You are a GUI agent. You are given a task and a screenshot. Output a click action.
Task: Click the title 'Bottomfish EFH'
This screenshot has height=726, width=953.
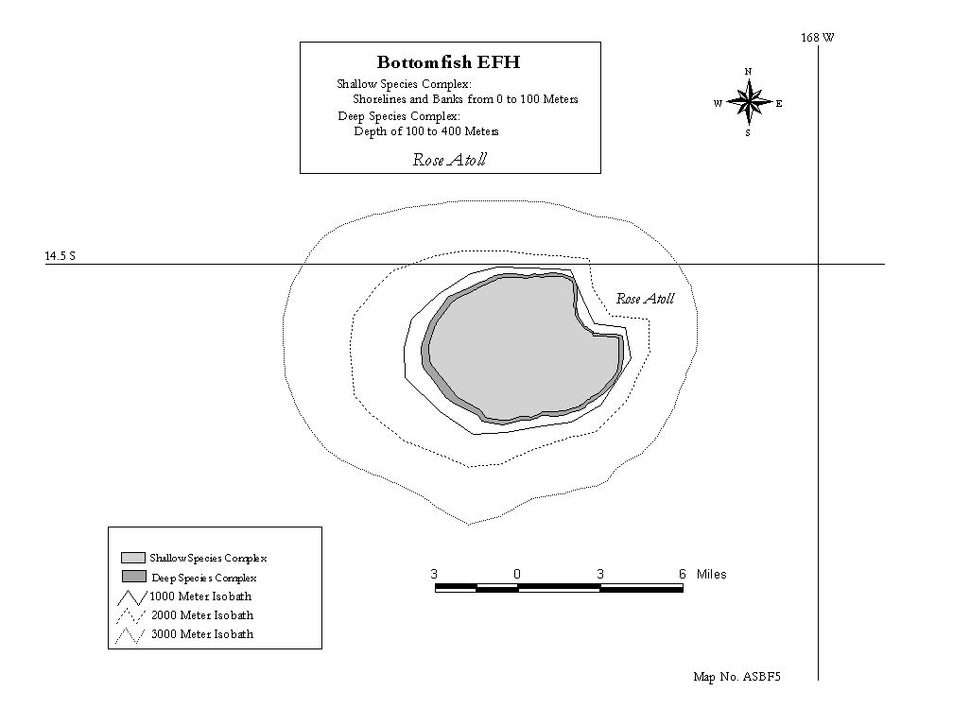point(448,62)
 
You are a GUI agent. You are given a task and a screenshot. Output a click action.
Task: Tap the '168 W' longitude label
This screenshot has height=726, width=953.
point(818,38)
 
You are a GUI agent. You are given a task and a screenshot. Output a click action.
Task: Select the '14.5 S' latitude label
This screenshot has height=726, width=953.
point(61,256)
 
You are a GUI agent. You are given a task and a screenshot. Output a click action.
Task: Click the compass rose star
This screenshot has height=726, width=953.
point(750,102)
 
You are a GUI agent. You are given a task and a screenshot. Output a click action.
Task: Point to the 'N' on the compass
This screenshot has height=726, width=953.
point(748,72)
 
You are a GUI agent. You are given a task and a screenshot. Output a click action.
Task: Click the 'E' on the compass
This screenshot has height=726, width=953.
point(779,103)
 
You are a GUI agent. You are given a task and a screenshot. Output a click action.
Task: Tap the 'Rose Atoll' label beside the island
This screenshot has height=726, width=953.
point(646,299)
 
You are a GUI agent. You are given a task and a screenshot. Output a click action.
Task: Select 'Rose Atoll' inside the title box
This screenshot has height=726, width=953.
point(450,160)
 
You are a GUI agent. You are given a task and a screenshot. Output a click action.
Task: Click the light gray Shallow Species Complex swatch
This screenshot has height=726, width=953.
point(133,558)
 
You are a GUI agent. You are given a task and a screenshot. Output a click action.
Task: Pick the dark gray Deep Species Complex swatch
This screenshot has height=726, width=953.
point(133,577)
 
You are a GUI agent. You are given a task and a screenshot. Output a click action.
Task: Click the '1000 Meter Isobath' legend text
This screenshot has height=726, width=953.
point(200,596)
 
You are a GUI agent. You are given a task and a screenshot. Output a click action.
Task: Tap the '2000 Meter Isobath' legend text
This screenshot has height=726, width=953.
point(202,614)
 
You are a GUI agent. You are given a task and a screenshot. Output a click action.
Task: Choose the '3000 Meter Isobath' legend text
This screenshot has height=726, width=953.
point(202,633)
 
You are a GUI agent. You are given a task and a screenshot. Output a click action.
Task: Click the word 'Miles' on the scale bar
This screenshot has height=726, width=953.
point(712,574)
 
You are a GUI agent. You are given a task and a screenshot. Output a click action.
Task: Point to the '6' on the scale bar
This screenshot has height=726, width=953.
point(682,574)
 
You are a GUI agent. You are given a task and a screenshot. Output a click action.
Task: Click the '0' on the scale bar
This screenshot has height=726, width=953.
point(517,574)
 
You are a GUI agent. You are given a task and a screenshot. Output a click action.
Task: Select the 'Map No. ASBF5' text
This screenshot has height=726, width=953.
point(736,677)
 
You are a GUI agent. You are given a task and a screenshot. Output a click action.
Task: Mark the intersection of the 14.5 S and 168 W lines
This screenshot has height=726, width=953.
point(818,265)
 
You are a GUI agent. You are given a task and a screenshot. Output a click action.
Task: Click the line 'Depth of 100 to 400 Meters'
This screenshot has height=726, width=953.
point(426,131)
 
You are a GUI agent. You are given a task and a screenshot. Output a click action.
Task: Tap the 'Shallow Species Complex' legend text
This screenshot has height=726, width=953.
point(208,558)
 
